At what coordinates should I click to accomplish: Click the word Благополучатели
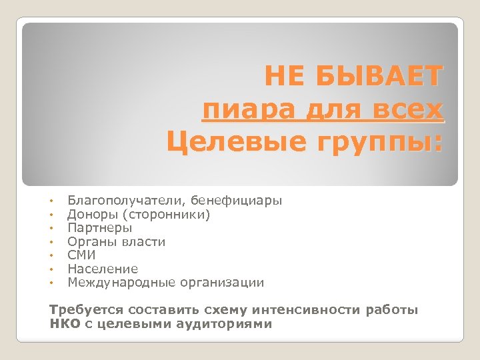coord(127,201)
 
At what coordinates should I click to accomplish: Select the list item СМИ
coord(81,255)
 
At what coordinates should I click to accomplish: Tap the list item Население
coord(103,269)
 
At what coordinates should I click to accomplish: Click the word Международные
coord(120,283)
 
